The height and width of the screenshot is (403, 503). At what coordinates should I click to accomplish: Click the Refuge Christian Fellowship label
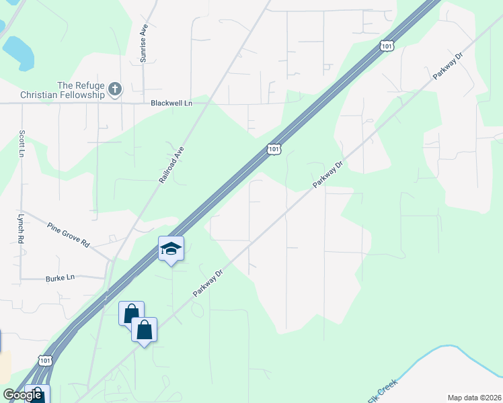pyautogui.click(x=81, y=90)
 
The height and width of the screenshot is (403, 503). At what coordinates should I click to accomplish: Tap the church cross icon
pyautogui.click(x=115, y=89)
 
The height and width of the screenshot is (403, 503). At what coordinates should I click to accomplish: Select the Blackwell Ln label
pyautogui.click(x=171, y=103)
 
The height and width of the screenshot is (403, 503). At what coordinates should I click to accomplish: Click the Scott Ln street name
pyautogui.click(x=22, y=143)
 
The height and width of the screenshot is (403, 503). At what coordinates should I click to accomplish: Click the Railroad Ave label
pyautogui.click(x=171, y=165)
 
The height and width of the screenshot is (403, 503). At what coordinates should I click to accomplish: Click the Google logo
pyautogui.click(x=22, y=395)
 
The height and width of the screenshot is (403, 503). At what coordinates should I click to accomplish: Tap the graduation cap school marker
pyautogui.click(x=171, y=249)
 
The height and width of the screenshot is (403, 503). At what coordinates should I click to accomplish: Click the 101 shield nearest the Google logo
pyautogui.click(x=44, y=361)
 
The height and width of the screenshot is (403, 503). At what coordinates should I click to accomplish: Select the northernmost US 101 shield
pyautogui.click(x=385, y=46)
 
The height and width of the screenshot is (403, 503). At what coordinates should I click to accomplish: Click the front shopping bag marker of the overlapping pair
pyautogui.click(x=144, y=330)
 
